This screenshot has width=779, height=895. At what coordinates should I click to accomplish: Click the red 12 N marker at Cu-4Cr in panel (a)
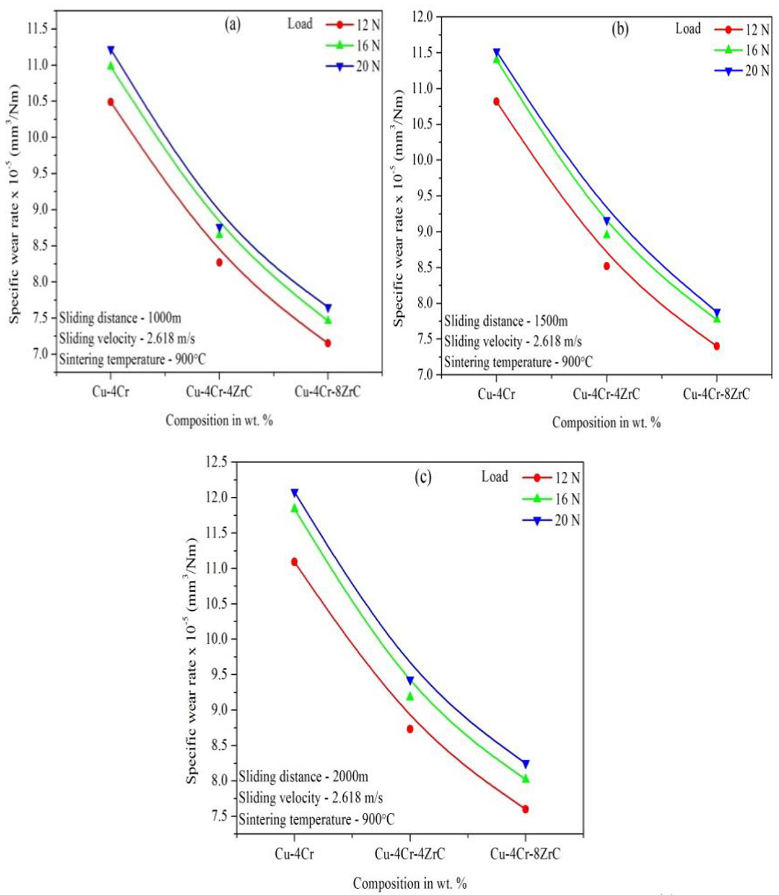pos(110,102)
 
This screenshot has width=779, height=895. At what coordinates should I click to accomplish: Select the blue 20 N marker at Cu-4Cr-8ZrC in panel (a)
pos(328,308)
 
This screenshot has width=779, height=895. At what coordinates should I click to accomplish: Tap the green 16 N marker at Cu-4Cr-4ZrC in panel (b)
pos(606,234)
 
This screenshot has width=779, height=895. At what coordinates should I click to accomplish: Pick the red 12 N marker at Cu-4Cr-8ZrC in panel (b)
pos(717,346)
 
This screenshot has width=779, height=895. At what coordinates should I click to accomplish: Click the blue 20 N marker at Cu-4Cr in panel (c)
pos(294,493)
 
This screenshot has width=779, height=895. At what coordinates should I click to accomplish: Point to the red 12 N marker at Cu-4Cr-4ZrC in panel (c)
pos(410,729)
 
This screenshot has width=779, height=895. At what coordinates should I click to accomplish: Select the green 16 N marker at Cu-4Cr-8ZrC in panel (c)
pos(526,779)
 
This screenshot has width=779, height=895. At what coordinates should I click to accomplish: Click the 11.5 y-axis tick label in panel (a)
pos(38,28)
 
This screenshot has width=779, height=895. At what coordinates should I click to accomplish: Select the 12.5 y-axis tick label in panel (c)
pos(216,462)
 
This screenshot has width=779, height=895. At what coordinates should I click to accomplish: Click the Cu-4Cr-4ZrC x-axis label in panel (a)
pos(219,391)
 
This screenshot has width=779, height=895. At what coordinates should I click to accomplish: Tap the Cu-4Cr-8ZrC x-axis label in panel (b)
pos(716,394)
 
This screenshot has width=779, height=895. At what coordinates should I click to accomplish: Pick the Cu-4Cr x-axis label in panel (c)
pos(294,854)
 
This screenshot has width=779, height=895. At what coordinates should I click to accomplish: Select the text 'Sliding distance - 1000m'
pos(120,318)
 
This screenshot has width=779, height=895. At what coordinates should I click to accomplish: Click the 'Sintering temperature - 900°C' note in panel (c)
pos(316,819)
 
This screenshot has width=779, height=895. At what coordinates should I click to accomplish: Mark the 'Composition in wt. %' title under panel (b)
pos(606,422)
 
